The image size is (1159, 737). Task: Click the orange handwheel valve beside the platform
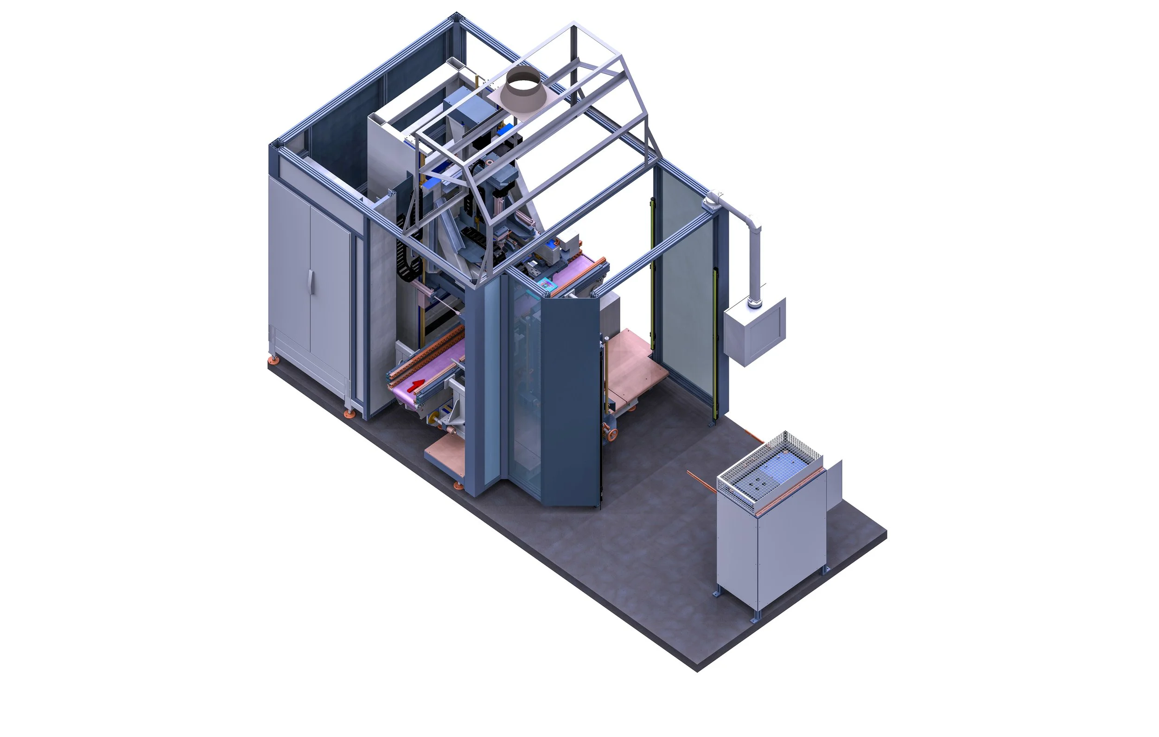tap(613, 434)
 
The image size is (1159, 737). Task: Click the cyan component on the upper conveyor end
tap(545, 284)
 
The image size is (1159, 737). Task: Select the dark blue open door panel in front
tap(570, 399)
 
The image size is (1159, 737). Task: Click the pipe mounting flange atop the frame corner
tap(713, 200)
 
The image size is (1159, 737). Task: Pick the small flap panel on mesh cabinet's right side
tap(834, 484)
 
